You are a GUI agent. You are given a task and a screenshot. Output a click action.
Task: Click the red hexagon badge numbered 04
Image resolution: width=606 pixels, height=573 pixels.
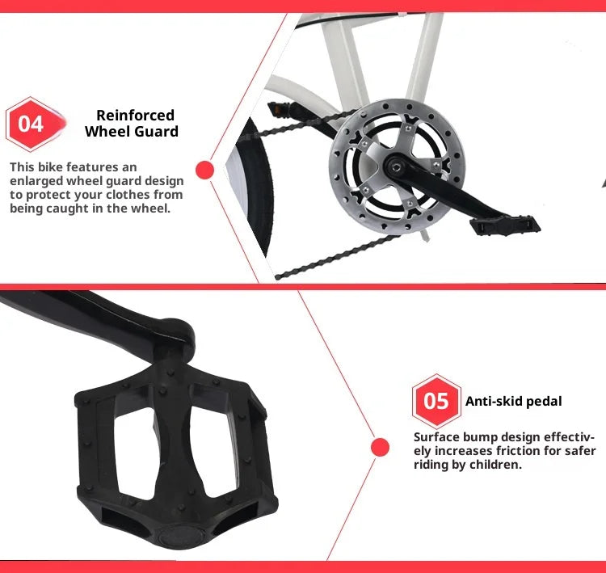32,124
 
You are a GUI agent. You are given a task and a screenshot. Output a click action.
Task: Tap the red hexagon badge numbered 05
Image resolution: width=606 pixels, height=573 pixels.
436,401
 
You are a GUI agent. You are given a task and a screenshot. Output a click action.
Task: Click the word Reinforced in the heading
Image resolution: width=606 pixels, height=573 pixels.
135,115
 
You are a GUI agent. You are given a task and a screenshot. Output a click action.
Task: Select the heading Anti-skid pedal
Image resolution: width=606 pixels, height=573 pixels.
513,401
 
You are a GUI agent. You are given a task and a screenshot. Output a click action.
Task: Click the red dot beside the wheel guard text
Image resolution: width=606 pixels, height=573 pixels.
204,170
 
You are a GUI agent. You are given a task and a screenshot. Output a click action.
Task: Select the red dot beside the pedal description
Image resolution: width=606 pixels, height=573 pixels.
380,448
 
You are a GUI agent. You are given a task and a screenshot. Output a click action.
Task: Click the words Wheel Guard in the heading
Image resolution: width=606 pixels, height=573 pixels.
132,131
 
